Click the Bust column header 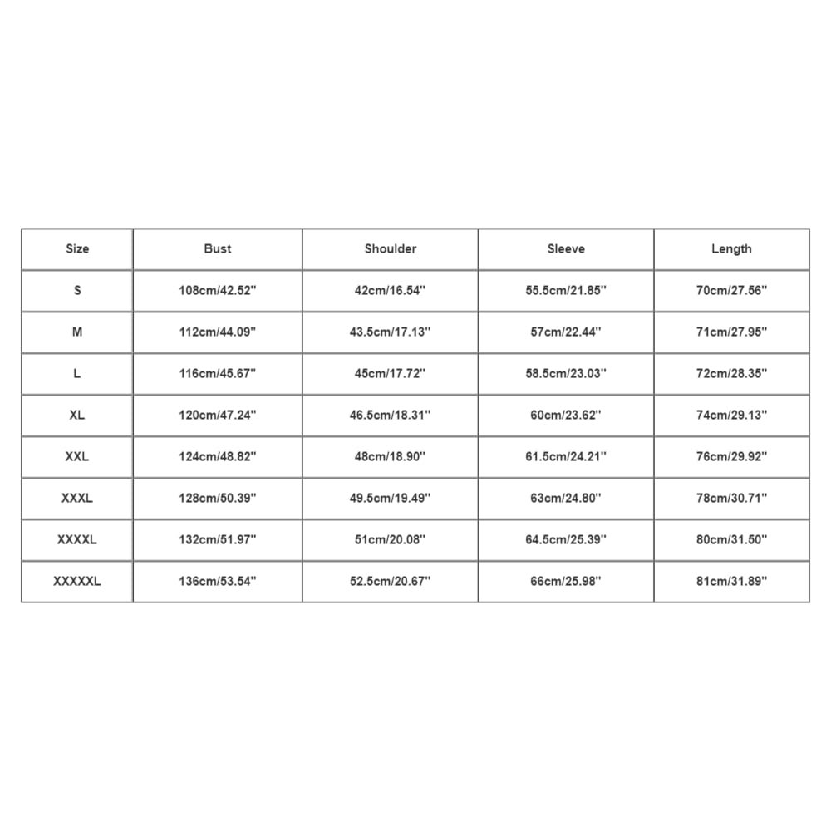point(218,248)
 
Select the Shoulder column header point(391,248)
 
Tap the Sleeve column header point(566,248)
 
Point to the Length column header point(731,248)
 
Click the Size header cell point(77,248)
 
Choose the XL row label point(77,415)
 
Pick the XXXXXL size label point(77,581)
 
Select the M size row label point(77,332)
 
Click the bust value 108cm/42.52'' point(218,290)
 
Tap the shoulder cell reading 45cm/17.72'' point(391,373)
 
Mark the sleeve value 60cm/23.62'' point(566,415)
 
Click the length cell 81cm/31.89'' point(731,581)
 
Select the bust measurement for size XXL point(218,456)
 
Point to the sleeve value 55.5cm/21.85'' point(566,290)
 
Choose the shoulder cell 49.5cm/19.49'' point(391,498)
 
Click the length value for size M point(731,332)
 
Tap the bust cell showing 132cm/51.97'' point(218,539)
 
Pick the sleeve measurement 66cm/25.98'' point(566,581)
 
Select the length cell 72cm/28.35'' point(731,373)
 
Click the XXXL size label point(77,498)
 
